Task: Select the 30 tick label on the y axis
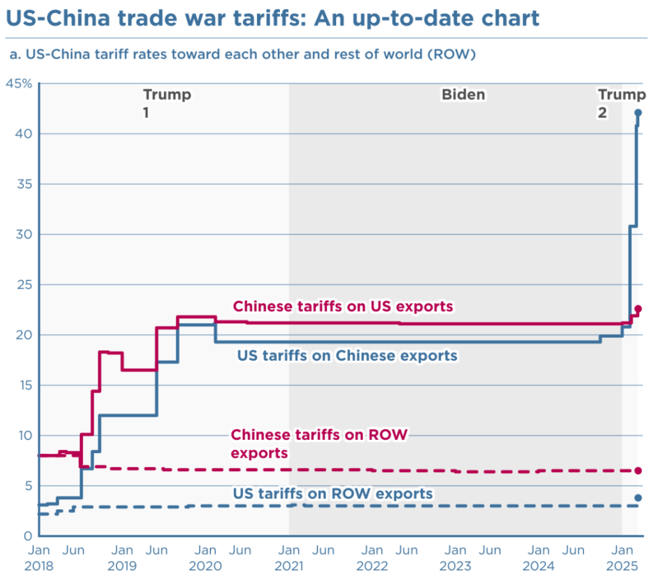tap(24, 235)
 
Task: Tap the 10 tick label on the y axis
tap(24, 435)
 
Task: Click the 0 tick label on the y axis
tap(27, 535)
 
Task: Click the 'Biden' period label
tap(464, 95)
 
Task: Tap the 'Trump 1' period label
tap(166, 103)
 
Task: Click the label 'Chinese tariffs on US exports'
tap(343, 307)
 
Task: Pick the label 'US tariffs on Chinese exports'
tap(347, 355)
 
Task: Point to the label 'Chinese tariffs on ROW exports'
tap(319, 444)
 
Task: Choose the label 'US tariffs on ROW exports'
tap(333, 493)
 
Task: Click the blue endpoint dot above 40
tap(638, 113)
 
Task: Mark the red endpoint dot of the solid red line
tap(638, 308)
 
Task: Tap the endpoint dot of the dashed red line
tap(638, 470)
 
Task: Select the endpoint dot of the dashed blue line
tap(638, 498)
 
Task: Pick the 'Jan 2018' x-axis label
tap(40, 557)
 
